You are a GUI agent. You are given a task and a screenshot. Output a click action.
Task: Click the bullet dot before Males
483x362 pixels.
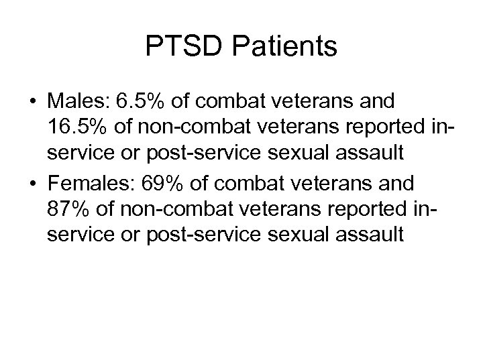pos(33,103)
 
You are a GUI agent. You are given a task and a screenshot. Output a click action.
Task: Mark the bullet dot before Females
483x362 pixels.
pos(33,184)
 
